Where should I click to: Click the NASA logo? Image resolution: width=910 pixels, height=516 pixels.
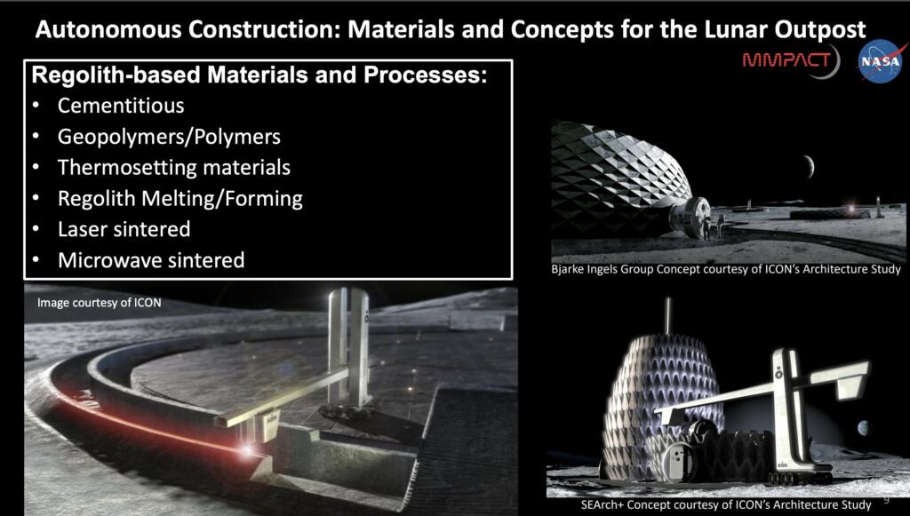pos(879,62)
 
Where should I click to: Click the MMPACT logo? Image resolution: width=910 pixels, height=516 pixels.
pos(790,60)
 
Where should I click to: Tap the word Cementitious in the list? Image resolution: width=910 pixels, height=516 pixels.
pos(121,106)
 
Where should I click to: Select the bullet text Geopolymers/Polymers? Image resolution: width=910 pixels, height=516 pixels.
pos(169,138)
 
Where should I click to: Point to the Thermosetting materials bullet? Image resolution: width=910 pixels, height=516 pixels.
pos(174,167)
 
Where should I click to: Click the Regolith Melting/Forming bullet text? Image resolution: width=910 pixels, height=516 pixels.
pos(180,198)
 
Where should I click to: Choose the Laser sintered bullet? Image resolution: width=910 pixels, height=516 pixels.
pos(124,229)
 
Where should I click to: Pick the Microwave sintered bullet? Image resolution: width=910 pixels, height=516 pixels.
pos(151,260)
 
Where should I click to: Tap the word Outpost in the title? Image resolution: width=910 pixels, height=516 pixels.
pos(822,29)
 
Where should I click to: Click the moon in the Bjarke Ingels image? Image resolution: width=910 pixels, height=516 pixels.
pos(807,166)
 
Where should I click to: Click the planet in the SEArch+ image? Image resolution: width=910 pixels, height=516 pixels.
pos(863,429)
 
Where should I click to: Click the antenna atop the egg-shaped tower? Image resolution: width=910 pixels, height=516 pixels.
pos(667,314)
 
